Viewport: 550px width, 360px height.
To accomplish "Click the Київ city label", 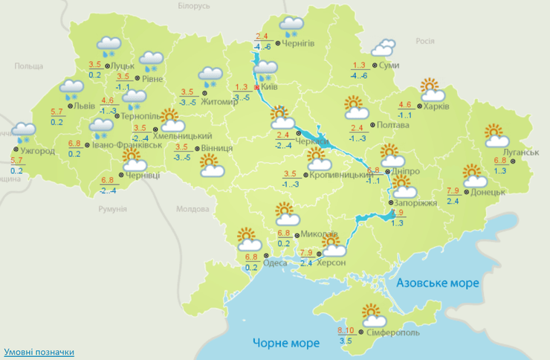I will click(271, 88).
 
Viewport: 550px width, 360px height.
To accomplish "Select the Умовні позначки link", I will click(39, 352).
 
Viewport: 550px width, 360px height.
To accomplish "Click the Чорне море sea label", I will click(285, 343).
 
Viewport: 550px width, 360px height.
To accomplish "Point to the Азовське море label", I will click(438, 283).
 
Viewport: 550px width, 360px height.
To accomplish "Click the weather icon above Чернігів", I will click(291, 28).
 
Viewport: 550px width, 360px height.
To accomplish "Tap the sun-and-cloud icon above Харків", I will click(432, 90).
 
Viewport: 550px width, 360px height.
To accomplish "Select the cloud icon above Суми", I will click(384, 48).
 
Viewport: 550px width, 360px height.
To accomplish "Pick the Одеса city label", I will click(276, 262).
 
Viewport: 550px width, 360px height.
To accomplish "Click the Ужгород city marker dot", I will click(14, 149).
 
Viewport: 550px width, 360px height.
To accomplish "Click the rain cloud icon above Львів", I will click(72, 90).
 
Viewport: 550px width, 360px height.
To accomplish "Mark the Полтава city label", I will click(393, 125).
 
